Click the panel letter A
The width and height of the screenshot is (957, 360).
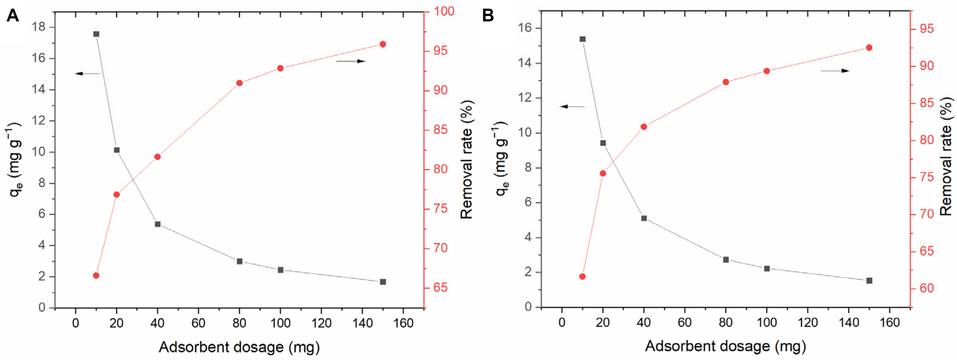coord(13,16)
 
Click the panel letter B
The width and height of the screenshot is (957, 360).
coord(488,16)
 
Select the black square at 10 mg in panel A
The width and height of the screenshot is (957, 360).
coord(96,34)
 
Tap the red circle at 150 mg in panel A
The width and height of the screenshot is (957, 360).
coord(382,44)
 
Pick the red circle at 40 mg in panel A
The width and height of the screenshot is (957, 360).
coord(157,157)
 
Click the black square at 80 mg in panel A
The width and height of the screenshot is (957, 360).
coord(240,261)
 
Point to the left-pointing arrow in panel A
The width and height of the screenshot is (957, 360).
coord(87,74)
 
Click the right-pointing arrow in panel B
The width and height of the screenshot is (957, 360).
coord(835,70)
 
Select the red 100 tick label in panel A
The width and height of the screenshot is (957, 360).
coord(444,11)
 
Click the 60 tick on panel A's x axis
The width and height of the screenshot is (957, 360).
coord(198,323)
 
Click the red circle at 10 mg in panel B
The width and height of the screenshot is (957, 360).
coord(582,277)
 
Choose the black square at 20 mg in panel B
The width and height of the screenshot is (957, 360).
coord(603,143)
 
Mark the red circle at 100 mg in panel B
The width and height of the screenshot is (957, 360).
coord(766,71)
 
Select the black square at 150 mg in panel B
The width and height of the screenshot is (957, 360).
coord(869,281)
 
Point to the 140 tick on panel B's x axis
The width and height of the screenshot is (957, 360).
coord(849,322)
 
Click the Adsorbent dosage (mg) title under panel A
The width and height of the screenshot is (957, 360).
coord(239,347)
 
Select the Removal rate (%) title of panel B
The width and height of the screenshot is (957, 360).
coord(946,156)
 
